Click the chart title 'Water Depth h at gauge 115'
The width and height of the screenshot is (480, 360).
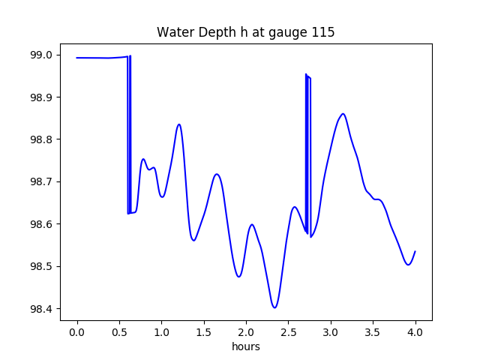pyautogui.click(x=246, y=33)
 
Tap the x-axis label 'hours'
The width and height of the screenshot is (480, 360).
pyautogui.click(x=246, y=347)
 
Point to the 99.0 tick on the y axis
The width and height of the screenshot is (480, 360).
pyautogui.click(x=41, y=55)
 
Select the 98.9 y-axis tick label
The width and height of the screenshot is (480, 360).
pyautogui.click(x=41, y=97)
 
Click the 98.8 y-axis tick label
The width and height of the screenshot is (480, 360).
pyautogui.click(x=41, y=139)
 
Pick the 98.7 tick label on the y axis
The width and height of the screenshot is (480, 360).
pyautogui.click(x=41, y=182)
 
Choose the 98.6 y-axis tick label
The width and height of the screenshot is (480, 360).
pyautogui.click(x=41, y=224)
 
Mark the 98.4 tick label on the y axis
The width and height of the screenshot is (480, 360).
pyautogui.click(x=41, y=309)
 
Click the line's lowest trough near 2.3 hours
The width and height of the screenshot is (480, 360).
pyautogui.click(x=274, y=307)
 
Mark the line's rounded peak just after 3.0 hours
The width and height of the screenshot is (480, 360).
pyautogui.click(x=343, y=114)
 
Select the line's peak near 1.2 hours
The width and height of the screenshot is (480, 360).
pyautogui.click(x=178, y=124)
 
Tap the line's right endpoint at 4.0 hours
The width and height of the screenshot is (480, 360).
pyautogui.click(x=415, y=251)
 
